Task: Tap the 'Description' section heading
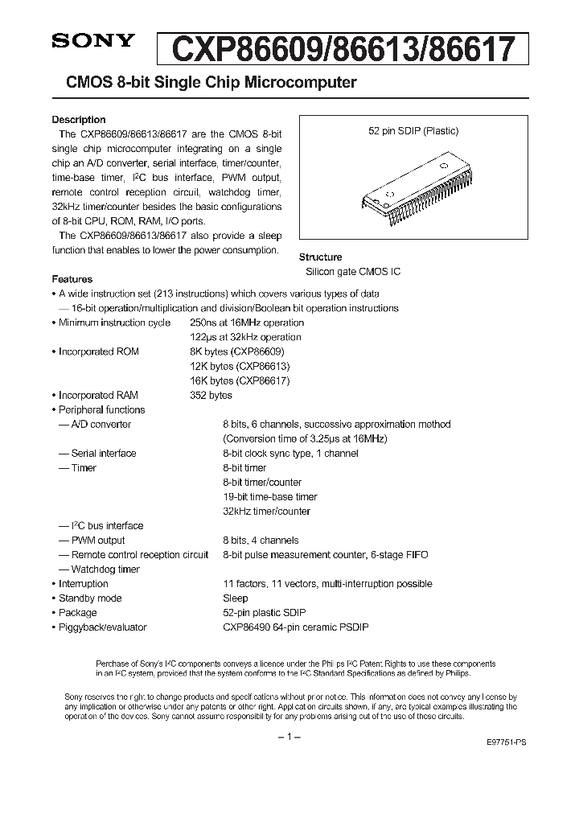pyautogui.click(x=79, y=120)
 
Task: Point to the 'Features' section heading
pyautogui.click(x=72, y=279)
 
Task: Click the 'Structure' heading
pyautogui.click(x=321, y=257)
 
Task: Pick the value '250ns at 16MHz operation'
pyautogui.click(x=247, y=323)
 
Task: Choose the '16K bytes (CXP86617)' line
pyautogui.click(x=240, y=380)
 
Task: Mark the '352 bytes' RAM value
pyautogui.click(x=211, y=395)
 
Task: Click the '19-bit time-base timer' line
pyautogui.click(x=270, y=497)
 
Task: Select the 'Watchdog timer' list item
pyautogui.click(x=105, y=569)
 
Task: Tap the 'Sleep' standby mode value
pyautogui.click(x=236, y=598)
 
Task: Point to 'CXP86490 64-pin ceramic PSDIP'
pyautogui.click(x=296, y=627)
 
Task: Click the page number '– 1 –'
pyautogui.click(x=289, y=737)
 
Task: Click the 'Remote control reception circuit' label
pyautogui.click(x=139, y=555)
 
